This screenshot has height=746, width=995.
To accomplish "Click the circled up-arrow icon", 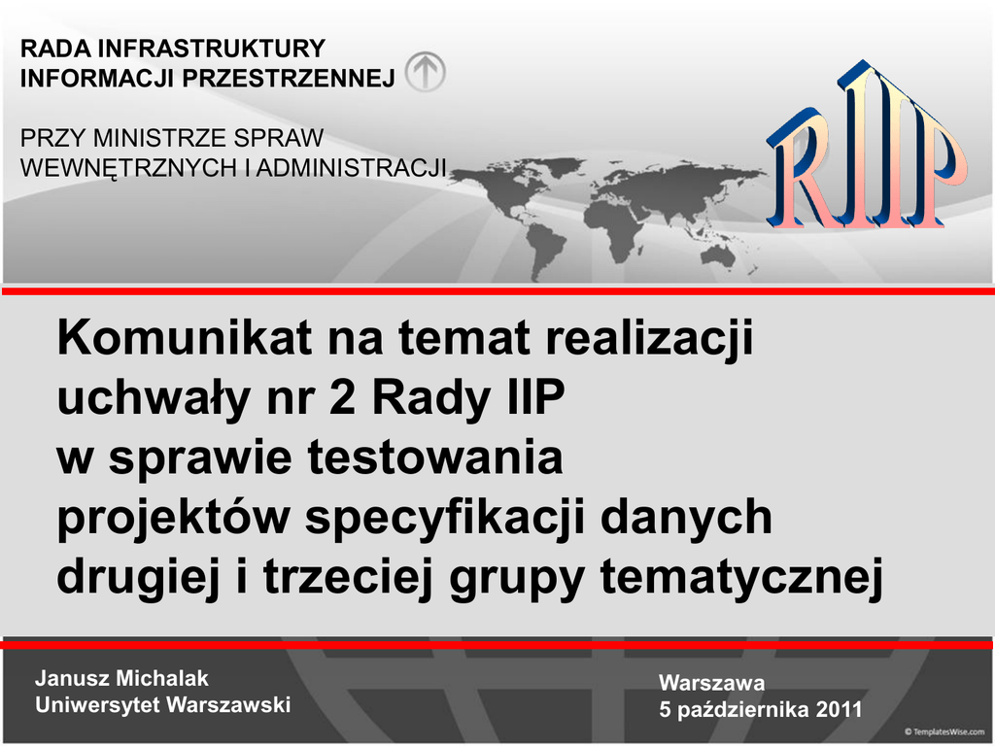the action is pyautogui.click(x=426, y=71).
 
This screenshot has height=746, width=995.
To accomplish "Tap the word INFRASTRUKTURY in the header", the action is pyautogui.click(x=211, y=49).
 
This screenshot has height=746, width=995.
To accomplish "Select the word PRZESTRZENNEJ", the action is pyautogui.click(x=289, y=78).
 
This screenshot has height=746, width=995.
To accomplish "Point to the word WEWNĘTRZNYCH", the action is pyautogui.click(x=127, y=168).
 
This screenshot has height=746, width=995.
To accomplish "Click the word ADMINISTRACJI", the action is pyautogui.click(x=352, y=168).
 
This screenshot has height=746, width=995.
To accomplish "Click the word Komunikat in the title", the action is pyautogui.click(x=184, y=337).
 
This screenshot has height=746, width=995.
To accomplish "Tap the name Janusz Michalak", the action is pyautogui.click(x=121, y=678).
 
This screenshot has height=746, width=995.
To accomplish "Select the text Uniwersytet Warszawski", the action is pyautogui.click(x=163, y=705).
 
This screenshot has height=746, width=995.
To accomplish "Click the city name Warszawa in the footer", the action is pyautogui.click(x=711, y=683).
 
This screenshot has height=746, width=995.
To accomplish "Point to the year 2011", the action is pyautogui.click(x=839, y=709).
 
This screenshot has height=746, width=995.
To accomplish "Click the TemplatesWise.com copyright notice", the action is pyautogui.click(x=944, y=732).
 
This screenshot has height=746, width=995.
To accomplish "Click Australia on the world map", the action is pyautogui.click(x=718, y=255).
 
